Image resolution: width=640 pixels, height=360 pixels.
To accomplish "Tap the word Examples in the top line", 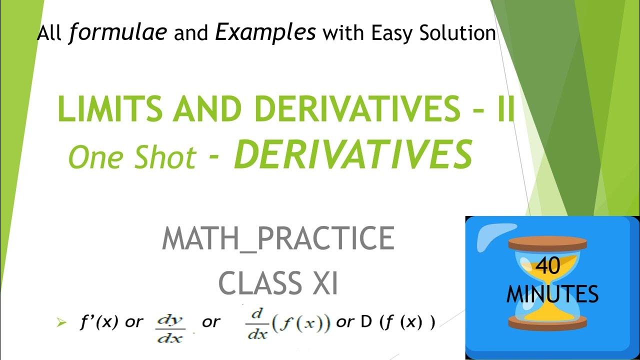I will (265, 33).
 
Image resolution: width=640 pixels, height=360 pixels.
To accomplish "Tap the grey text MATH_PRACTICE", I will (278, 239).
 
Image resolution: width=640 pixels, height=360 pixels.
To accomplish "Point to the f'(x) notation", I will (98, 322).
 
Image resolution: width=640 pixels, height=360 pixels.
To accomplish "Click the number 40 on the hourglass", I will (549, 266).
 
